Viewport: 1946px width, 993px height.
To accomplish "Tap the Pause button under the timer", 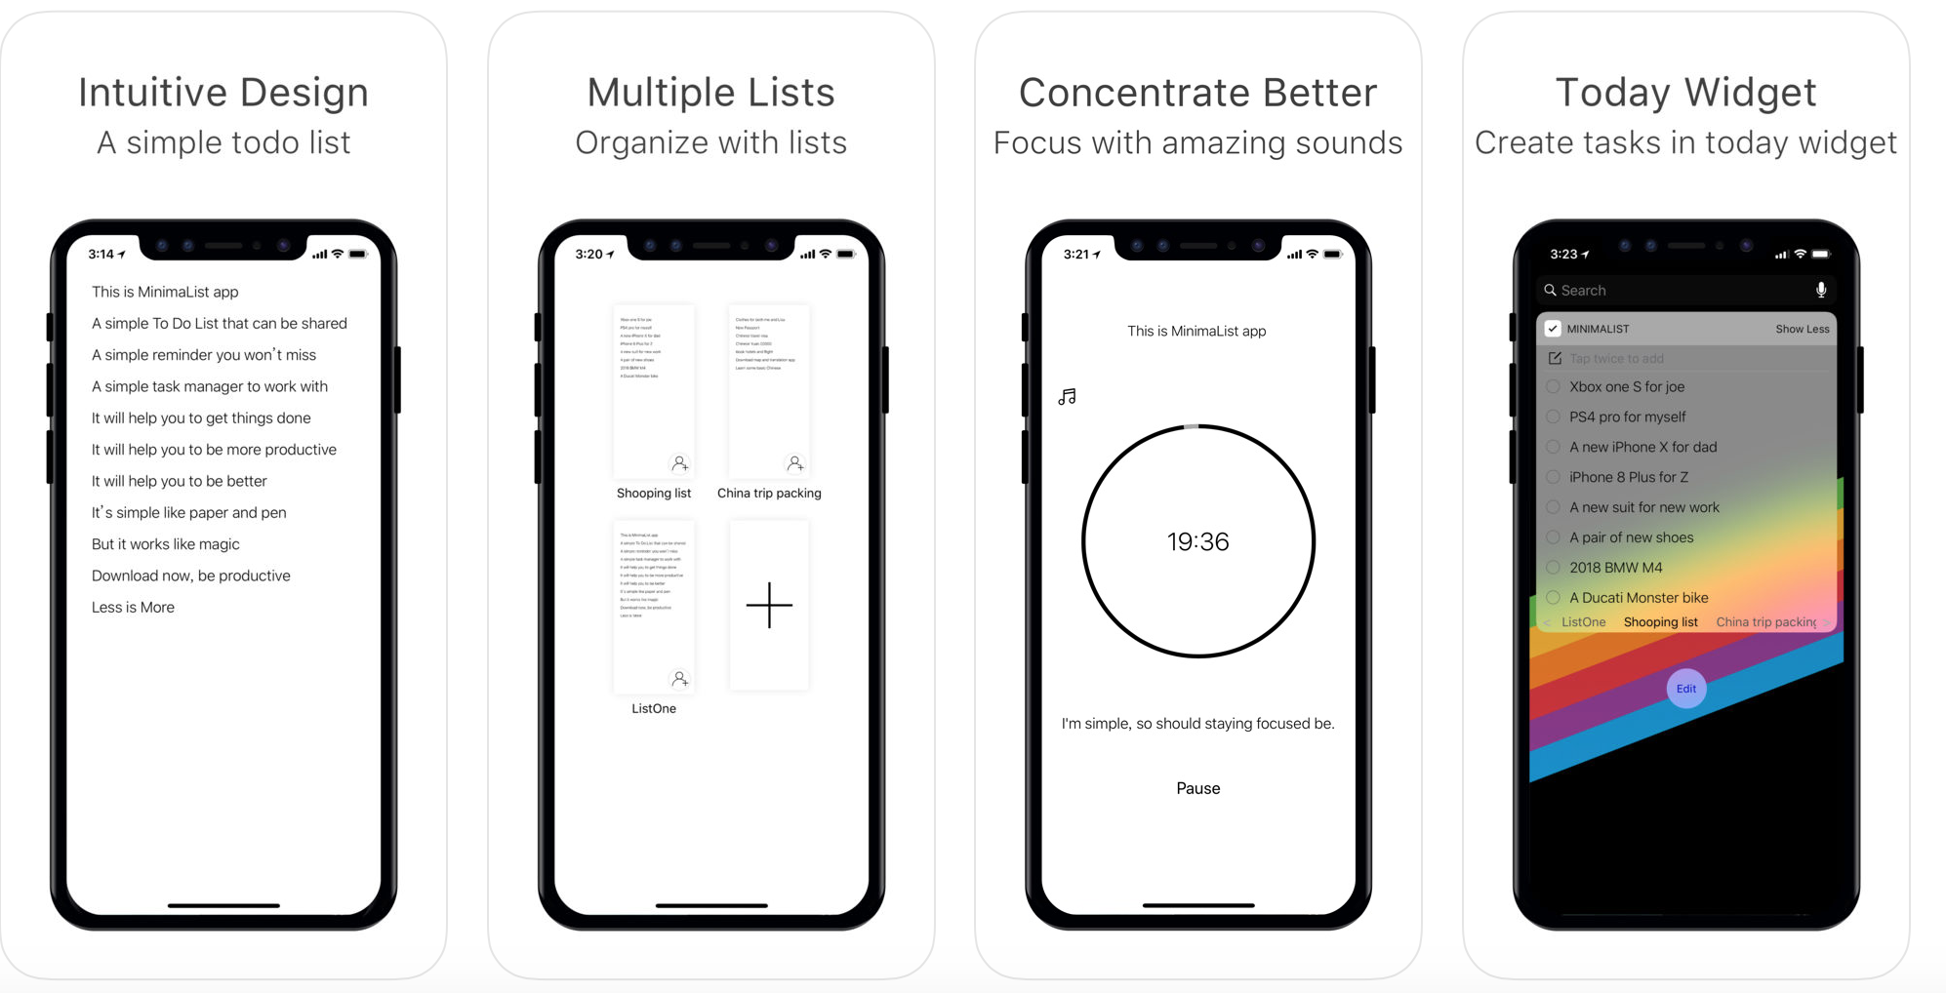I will click(1197, 788).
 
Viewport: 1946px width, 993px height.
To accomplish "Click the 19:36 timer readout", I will click(1197, 541).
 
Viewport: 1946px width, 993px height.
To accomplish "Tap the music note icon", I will click(1067, 397).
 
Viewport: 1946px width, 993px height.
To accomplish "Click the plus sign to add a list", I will click(769, 606).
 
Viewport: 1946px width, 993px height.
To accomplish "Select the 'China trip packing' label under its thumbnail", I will click(769, 493).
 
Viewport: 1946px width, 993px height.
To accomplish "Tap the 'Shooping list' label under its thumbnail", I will click(654, 493).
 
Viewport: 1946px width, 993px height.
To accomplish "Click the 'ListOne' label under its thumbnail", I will click(654, 708).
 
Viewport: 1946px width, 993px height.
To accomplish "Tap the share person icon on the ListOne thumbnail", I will click(679, 679).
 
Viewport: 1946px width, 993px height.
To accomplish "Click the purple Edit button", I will click(1685, 689).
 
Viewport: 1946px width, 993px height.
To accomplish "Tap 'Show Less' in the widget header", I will click(1802, 329).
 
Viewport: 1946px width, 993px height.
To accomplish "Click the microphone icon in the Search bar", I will click(1820, 290).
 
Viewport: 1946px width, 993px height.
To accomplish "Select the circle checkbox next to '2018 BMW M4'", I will click(1553, 567).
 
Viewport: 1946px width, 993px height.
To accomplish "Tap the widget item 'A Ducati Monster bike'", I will click(1638, 597).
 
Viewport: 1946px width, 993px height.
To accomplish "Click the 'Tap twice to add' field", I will click(1616, 358).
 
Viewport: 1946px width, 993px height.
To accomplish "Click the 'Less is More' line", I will click(133, 607).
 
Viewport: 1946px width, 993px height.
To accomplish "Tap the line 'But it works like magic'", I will click(165, 543).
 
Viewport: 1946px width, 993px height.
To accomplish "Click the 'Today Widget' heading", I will click(1685, 93).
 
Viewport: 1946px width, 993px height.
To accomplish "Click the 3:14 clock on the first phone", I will click(101, 254).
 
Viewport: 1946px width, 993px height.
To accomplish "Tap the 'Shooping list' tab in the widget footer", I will click(1660, 621).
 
